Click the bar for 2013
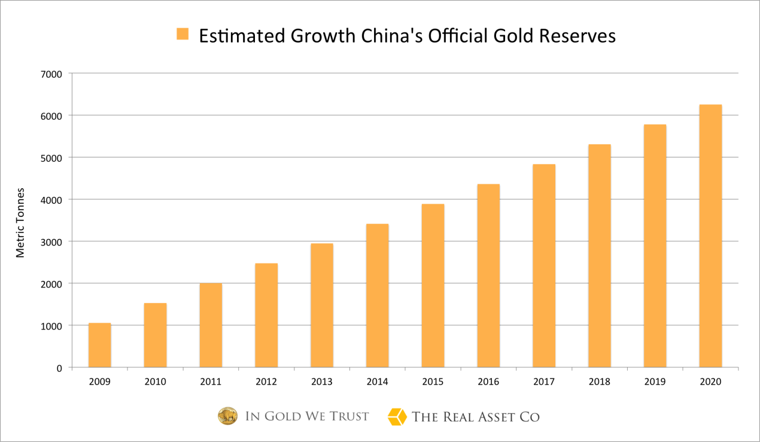322,305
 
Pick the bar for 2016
488,276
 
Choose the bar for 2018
599,256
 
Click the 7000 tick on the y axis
51,74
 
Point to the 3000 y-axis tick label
51,241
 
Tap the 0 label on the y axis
59,368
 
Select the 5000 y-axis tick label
51,158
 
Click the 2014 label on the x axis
377,382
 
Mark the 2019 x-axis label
655,382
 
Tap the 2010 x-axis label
155,382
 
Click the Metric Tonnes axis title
21,223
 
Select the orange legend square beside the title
183,34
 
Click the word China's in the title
391,36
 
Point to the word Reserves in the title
577,36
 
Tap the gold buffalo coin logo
227,416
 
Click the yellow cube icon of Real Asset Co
397,416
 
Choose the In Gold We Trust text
307,416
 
